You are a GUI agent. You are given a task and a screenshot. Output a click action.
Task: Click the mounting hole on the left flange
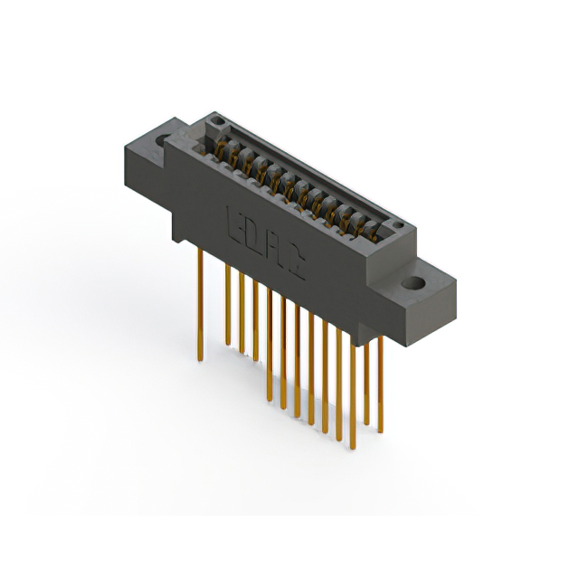click(x=164, y=141)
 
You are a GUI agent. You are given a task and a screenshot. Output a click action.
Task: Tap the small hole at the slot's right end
click(x=394, y=226)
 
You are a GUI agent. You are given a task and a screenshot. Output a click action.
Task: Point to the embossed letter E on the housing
click(x=233, y=220)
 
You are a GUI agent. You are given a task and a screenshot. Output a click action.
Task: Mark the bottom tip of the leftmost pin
click(x=200, y=359)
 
